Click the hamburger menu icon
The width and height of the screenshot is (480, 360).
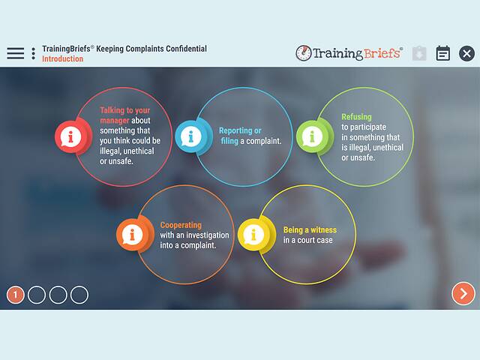coord(15,53)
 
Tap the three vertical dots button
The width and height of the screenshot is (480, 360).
coord(33,53)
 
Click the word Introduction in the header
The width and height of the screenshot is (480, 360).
coord(62,59)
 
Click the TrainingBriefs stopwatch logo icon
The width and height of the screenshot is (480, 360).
coord(304,53)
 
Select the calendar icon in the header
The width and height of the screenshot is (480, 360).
coord(443,53)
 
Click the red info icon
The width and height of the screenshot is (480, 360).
coord(71,136)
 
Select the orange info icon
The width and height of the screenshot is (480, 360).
coord(131,235)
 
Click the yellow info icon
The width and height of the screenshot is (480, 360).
coord(252,235)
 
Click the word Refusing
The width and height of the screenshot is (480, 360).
coord(355,117)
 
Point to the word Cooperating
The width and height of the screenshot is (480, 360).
coord(181,225)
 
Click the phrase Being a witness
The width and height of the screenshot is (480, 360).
coord(310,230)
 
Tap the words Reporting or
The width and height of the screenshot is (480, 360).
coord(240,130)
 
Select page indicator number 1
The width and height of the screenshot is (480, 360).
coord(16,295)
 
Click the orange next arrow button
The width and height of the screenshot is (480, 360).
coord(463,293)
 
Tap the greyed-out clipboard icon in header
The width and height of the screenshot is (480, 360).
coord(419,53)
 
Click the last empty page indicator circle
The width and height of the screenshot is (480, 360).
coord(79,295)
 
